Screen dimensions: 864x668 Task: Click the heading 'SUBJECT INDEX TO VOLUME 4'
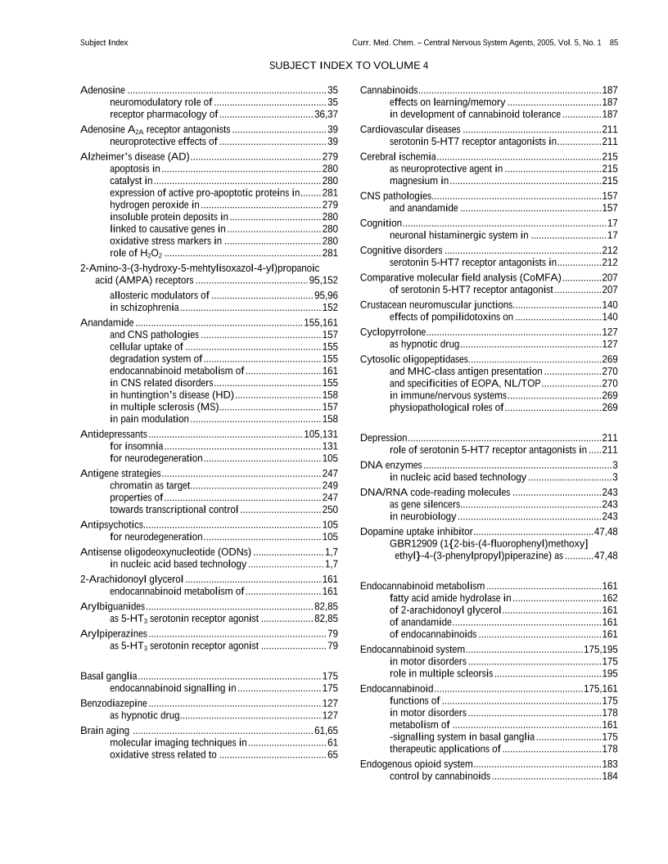(348, 65)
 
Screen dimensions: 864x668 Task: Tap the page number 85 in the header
(613, 41)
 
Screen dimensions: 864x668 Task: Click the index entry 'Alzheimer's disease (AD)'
(135, 156)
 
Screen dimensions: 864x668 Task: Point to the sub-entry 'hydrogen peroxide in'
(155, 205)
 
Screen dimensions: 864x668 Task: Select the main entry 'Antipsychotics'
(112, 524)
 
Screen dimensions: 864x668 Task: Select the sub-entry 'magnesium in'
(419, 180)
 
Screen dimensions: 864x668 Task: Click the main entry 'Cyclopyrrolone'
(393, 332)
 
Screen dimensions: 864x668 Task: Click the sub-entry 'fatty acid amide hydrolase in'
(453, 597)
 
